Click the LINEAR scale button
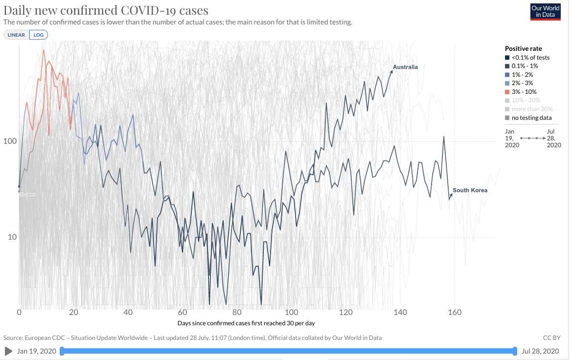[17, 35]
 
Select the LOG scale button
[38, 35]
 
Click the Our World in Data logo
[545, 12]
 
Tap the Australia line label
[405, 67]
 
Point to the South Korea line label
[470, 190]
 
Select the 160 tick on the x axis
[455, 313]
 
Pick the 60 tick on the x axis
[183, 313]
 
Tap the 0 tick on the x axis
[19, 313]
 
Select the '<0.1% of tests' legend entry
[530, 58]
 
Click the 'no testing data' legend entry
[531, 117]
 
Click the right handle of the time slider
[515, 351]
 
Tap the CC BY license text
[551, 338]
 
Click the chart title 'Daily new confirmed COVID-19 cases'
[106, 11]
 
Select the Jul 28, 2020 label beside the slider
[540, 351]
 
